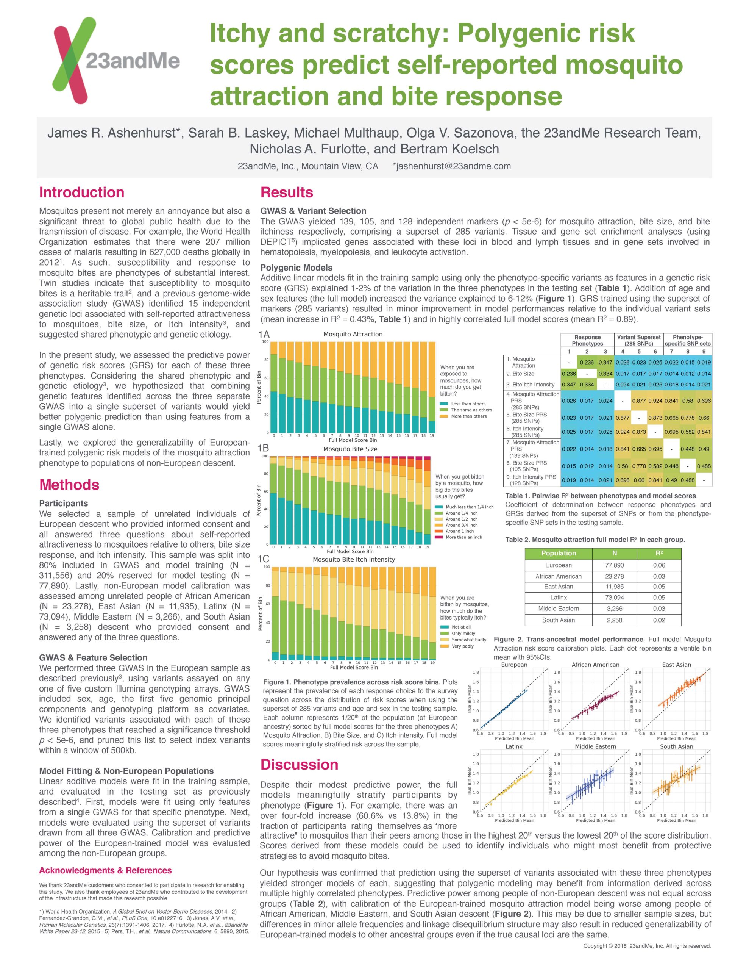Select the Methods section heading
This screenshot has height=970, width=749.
(x=69, y=484)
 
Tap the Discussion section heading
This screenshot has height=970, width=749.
(x=299, y=764)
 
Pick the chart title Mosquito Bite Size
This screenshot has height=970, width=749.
(x=350, y=449)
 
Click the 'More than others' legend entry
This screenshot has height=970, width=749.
(x=468, y=416)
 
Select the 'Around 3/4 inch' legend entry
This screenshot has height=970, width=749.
(x=462, y=525)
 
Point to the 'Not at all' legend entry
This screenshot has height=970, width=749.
(x=461, y=627)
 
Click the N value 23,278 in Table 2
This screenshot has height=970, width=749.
(x=614, y=576)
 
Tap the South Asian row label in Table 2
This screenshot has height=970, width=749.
(x=558, y=620)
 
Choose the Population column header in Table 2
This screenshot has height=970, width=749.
(x=558, y=553)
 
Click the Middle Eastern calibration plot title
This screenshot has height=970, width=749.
(x=595, y=746)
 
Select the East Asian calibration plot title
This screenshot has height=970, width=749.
(x=676, y=665)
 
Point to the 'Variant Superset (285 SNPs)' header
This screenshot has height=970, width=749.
(x=638, y=340)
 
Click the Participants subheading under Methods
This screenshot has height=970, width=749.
(x=64, y=503)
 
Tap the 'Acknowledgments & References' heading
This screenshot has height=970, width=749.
(x=105, y=870)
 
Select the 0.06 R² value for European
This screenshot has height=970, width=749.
(x=658, y=565)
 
